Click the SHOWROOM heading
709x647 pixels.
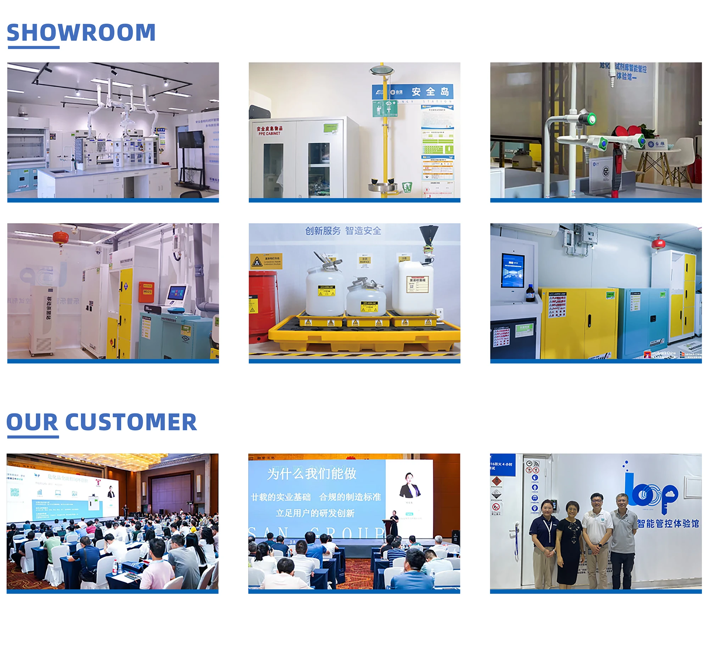[x=81, y=33]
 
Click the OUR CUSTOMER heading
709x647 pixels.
[x=101, y=422]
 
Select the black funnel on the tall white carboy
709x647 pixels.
[x=428, y=235]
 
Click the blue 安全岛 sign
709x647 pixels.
[x=413, y=92]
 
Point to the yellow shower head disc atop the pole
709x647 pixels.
[x=382, y=70]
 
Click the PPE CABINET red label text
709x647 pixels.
[x=269, y=131]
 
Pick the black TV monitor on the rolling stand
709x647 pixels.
[x=191, y=139]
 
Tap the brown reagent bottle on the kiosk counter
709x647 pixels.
[x=530, y=293]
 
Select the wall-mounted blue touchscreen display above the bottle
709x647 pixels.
[x=513, y=270]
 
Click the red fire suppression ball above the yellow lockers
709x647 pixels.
[x=658, y=244]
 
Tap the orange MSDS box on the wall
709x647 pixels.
[x=146, y=292]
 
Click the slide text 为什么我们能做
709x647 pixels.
[x=312, y=474]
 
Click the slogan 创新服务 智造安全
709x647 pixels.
[x=343, y=231]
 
